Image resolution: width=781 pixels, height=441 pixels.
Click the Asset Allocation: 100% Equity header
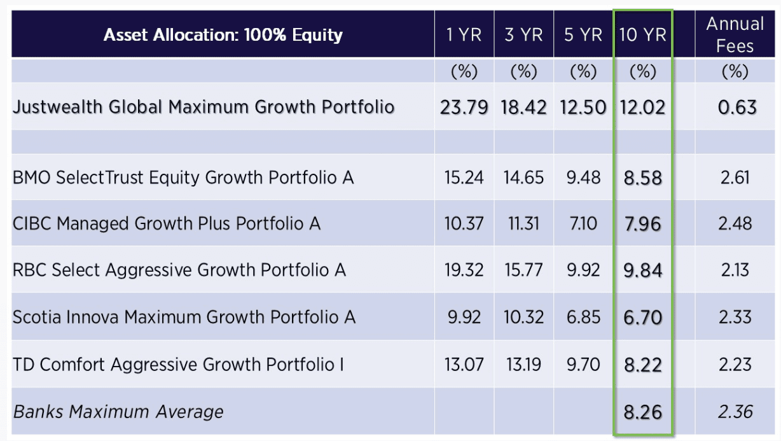click(x=223, y=35)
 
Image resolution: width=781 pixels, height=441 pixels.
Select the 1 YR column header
click(x=464, y=35)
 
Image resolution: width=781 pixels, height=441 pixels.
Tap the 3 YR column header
click(x=523, y=35)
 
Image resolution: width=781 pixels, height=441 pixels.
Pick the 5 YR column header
click(x=583, y=35)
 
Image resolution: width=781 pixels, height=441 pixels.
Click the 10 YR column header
click(x=642, y=35)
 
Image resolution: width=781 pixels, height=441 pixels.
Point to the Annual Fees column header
click(x=735, y=35)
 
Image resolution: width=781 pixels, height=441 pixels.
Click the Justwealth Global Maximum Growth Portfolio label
click(x=204, y=107)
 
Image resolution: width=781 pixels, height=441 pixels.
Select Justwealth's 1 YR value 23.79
click(x=464, y=107)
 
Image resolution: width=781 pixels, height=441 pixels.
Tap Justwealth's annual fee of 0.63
click(x=736, y=107)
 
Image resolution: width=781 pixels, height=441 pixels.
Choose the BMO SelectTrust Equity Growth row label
click(x=183, y=177)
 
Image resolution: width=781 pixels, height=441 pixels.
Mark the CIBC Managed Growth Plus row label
click(x=167, y=223)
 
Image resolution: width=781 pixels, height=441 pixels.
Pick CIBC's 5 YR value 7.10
click(x=583, y=223)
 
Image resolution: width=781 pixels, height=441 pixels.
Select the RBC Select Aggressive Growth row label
click(x=179, y=270)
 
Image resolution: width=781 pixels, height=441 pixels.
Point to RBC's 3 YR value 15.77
click(x=523, y=270)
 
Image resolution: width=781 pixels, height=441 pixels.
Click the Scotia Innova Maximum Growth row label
click(x=184, y=317)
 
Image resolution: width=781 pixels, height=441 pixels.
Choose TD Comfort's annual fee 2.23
click(x=736, y=365)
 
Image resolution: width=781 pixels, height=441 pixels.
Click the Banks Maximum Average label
click(x=118, y=412)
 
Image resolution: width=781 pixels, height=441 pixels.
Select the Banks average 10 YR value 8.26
click(x=642, y=412)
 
